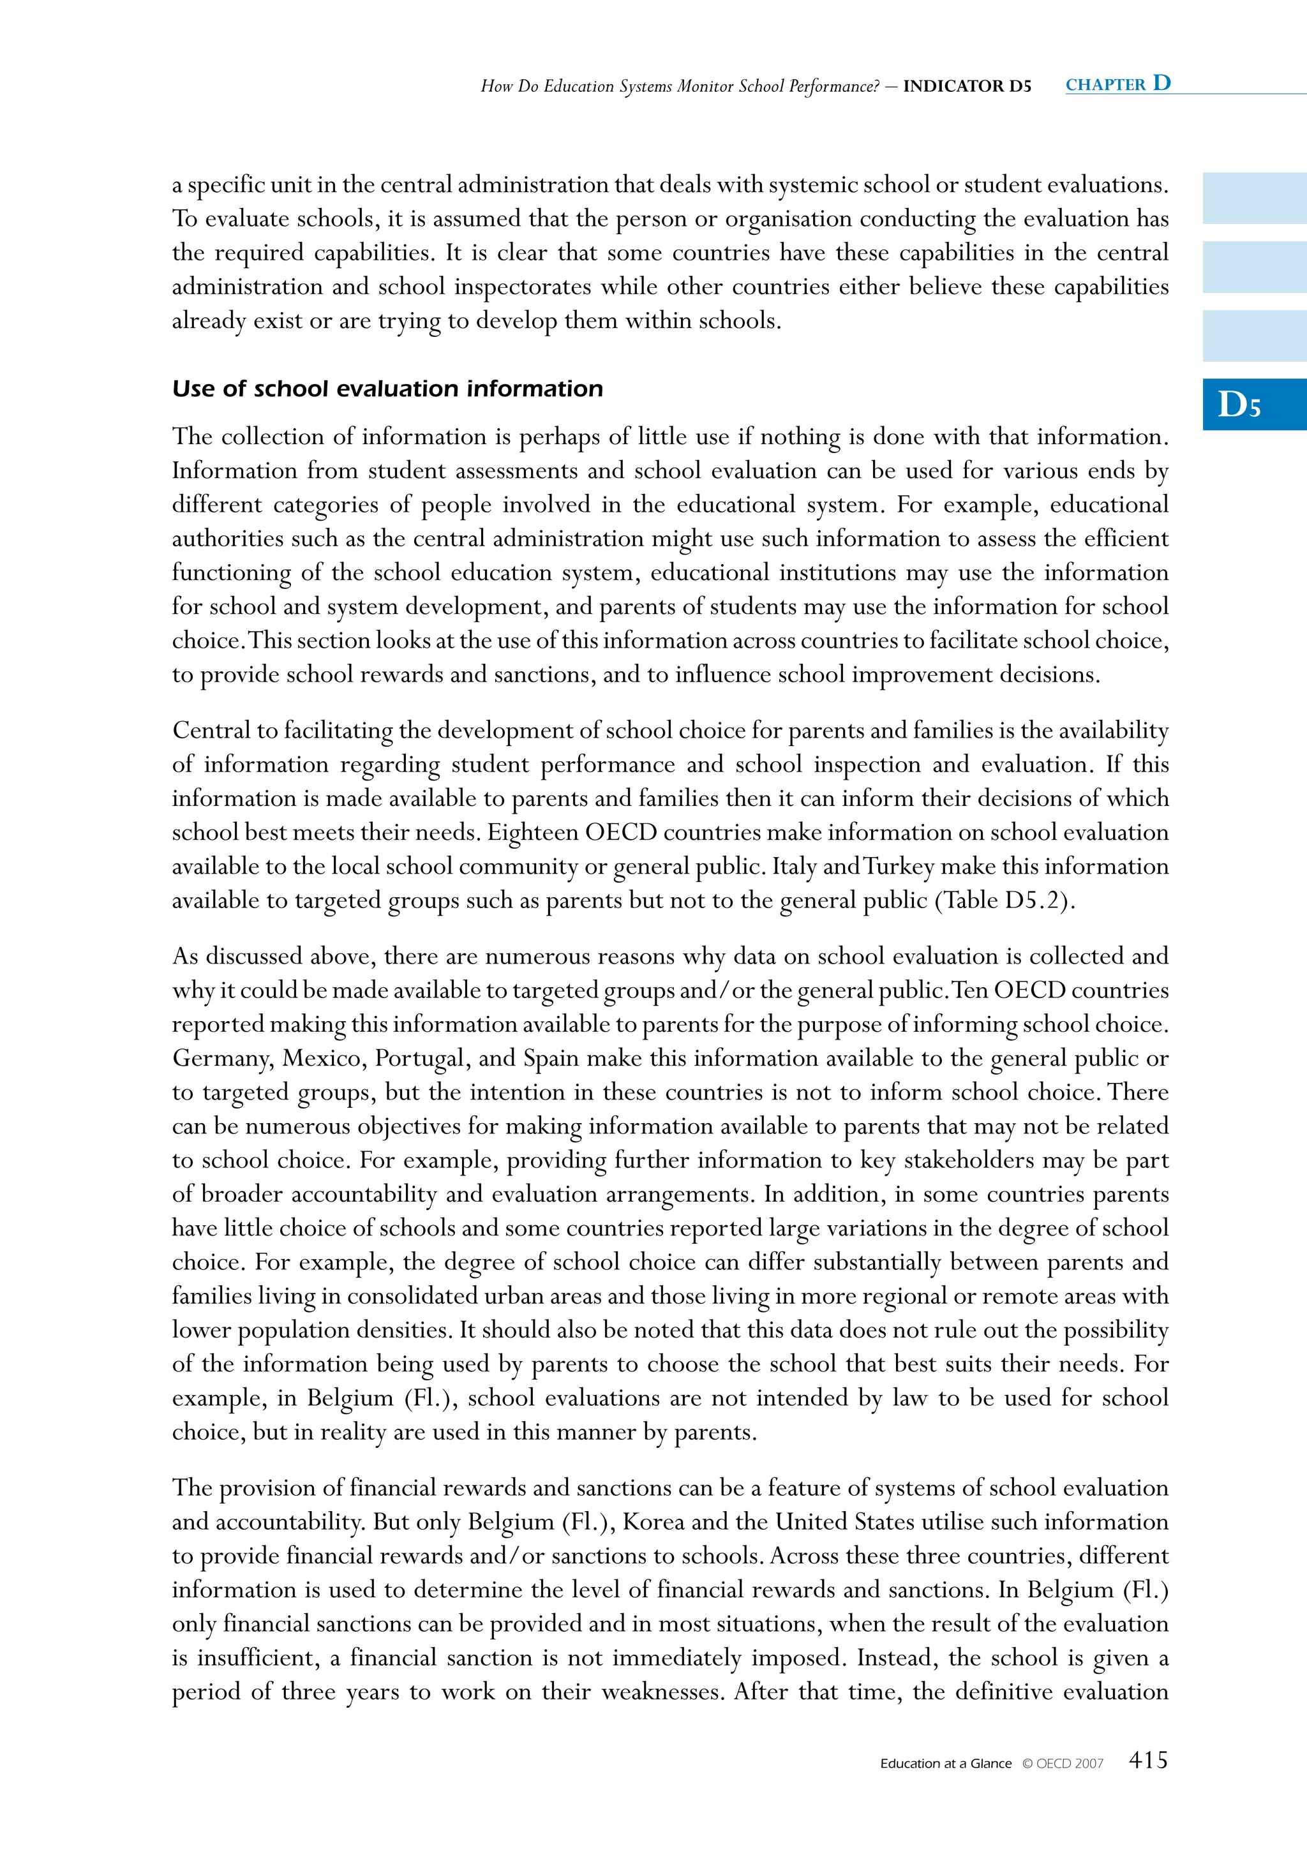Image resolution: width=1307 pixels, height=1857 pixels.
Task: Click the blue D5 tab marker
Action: point(1253,405)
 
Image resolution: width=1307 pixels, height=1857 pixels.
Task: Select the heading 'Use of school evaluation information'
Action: point(387,389)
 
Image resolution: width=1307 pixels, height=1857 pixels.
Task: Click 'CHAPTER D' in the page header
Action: point(1117,84)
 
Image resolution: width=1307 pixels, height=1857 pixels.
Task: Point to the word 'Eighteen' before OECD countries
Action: point(532,832)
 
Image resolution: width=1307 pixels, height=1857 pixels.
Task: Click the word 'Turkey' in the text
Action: point(899,866)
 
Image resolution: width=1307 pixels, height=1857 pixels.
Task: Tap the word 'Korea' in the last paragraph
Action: point(653,1522)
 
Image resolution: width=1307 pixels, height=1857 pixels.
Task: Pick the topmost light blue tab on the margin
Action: point(1253,198)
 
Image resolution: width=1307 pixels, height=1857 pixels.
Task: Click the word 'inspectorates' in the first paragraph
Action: point(523,287)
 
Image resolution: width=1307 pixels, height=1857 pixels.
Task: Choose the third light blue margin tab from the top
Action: point(1253,336)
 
